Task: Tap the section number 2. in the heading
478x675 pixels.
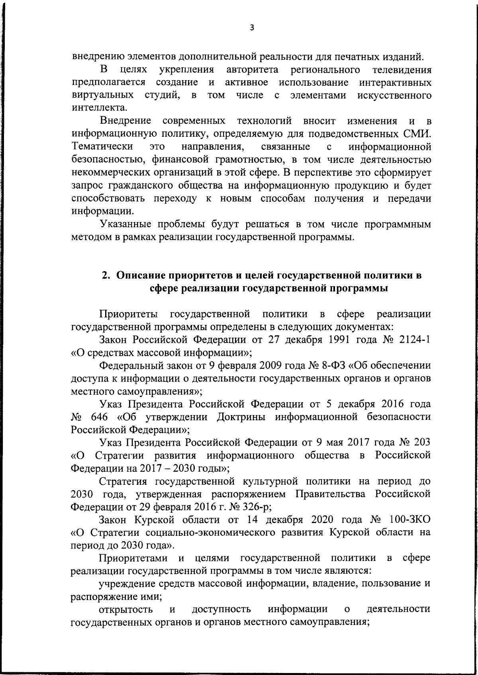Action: point(106,275)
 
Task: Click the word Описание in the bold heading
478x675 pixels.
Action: point(141,275)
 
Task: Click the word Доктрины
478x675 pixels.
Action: point(243,417)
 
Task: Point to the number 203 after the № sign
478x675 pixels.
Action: point(420,443)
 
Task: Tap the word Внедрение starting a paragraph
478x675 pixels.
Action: point(126,120)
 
